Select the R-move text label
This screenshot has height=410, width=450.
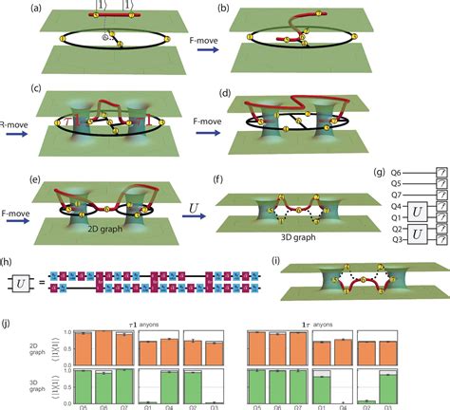pos(9,122)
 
